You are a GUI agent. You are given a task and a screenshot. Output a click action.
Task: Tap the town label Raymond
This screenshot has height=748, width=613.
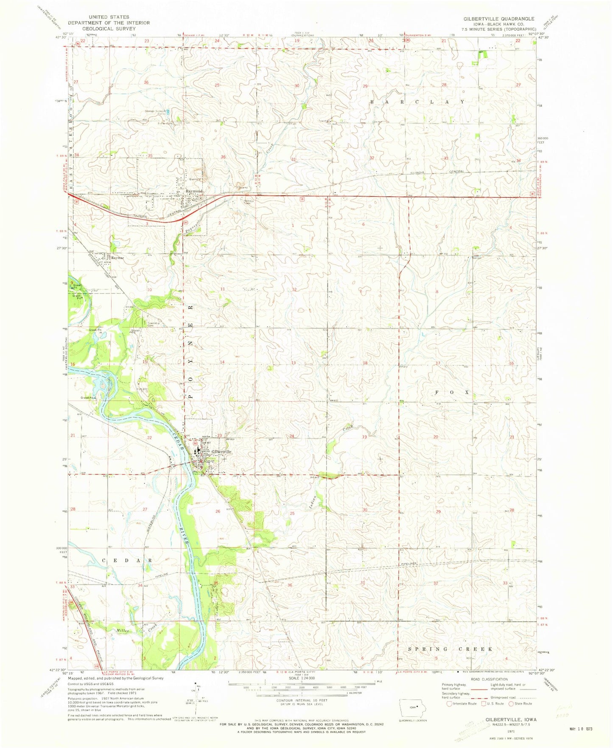(193, 192)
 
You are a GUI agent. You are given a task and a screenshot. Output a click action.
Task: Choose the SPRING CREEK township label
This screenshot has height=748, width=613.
(451, 649)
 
